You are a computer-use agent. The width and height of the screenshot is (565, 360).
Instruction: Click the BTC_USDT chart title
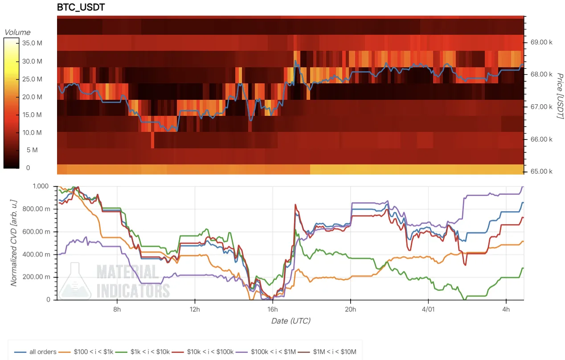click(x=81, y=8)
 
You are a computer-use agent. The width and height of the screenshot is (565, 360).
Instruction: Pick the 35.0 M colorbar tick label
click(x=32, y=43)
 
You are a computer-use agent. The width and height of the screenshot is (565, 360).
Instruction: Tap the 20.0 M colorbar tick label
click(x=32, y=97)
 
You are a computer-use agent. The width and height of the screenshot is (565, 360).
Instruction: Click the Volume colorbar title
click(x=17, y=32)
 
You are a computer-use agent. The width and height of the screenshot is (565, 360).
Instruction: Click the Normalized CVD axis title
click(x=14, y=243)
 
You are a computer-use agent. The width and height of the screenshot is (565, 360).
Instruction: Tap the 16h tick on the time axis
click(x=272, y=309)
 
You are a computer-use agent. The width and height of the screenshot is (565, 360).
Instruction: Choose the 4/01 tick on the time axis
click(x=428, y=309)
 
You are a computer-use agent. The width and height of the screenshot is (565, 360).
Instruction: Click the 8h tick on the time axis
click(x=117, y=309)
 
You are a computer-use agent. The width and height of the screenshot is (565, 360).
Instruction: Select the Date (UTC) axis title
click(x=291, y=321)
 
